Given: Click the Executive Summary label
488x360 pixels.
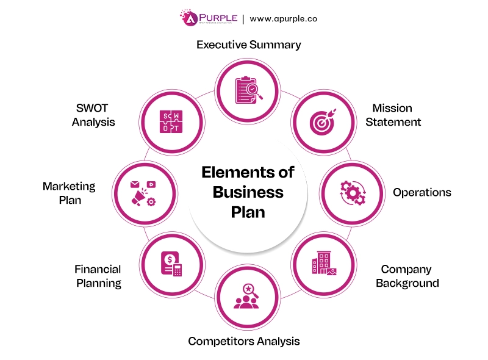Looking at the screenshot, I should click(x=249, y=45).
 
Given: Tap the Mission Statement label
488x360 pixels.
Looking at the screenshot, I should click(x=396, y=115).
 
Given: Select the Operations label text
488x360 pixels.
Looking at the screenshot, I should click(x=422, y=192).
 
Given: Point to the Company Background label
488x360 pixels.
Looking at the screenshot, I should click(x=407, y=276).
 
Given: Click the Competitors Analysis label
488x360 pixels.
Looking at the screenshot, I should click(x=244, y=340).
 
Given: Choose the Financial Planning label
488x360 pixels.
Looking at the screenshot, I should click(x=98, y=276).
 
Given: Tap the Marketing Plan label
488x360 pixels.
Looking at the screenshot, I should click(x=69, y=192).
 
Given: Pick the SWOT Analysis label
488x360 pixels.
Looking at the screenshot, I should click(x=93, y=115).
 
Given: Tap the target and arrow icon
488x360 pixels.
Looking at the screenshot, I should click(x=323, y=121).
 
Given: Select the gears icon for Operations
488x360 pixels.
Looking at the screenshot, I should click(x=352, y=192).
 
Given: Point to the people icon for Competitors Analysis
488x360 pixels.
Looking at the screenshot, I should click(x=248, y=298).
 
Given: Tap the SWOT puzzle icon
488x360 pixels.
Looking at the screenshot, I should click(x=171, y=121).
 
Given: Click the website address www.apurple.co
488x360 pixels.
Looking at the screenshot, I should click(x=283, y=19).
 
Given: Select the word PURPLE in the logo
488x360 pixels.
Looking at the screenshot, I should click(x=218, y=16).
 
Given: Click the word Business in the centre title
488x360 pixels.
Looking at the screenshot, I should click(x=248, y=192).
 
